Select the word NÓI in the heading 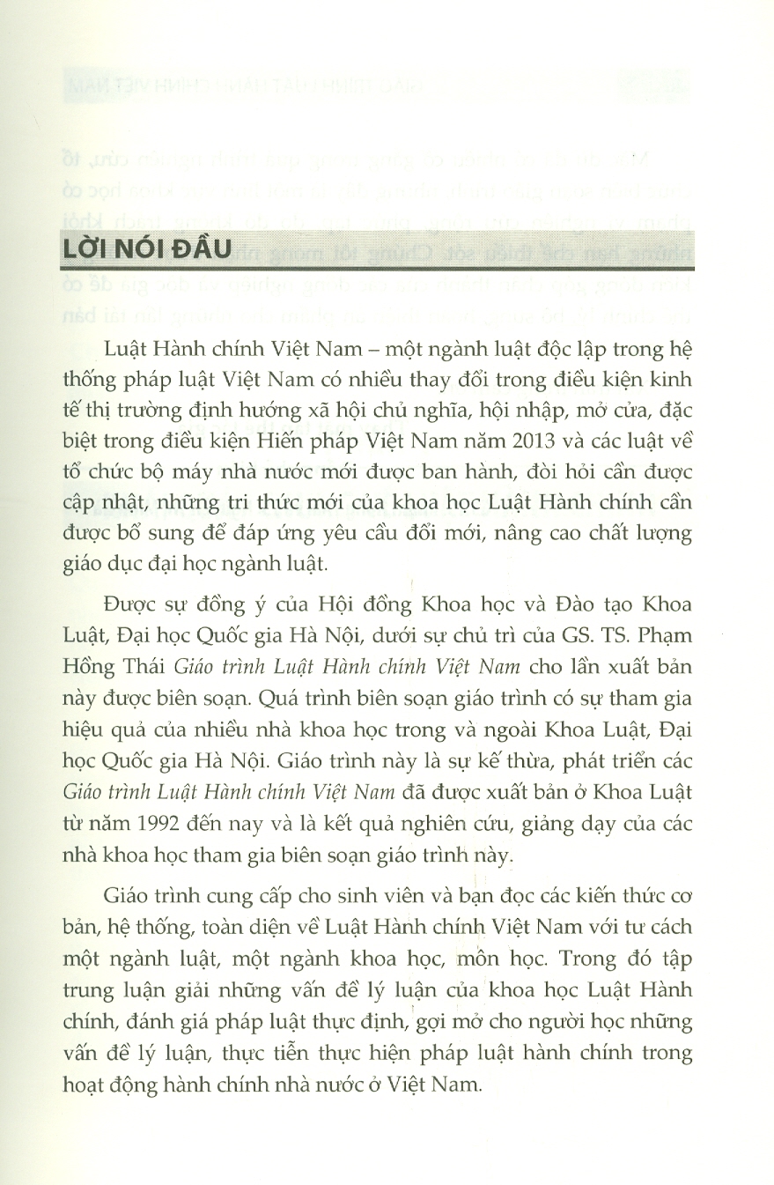click(146, 248)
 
